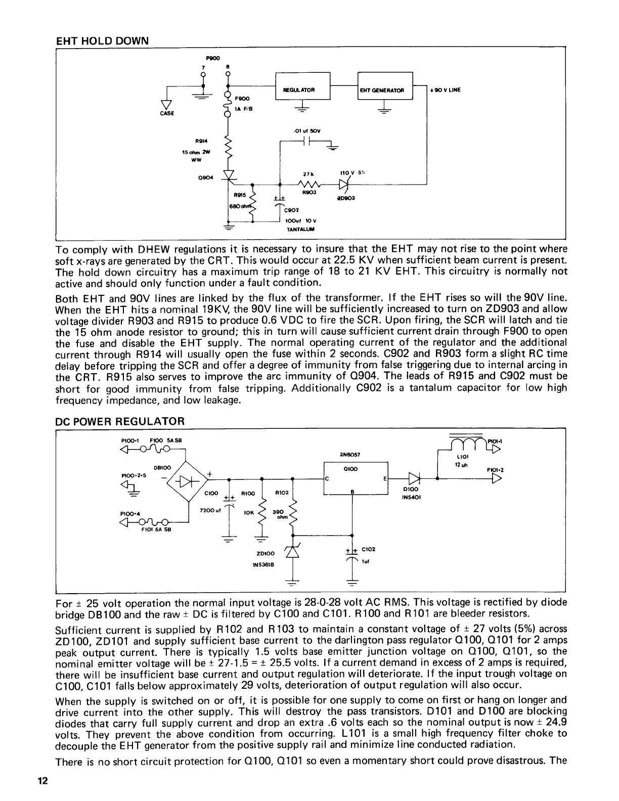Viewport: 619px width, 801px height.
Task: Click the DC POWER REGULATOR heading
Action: [120, 421]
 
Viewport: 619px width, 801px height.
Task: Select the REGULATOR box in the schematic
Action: [302, 90]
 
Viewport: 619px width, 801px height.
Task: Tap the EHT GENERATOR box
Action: [385, 90]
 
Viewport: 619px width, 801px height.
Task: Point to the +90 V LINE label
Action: [445, 91]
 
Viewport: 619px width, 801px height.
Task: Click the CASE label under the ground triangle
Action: [167, 113]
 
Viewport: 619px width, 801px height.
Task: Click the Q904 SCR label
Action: [207, 177]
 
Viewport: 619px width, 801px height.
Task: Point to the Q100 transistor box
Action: [355, 480]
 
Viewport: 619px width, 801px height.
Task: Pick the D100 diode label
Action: [409, 489]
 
